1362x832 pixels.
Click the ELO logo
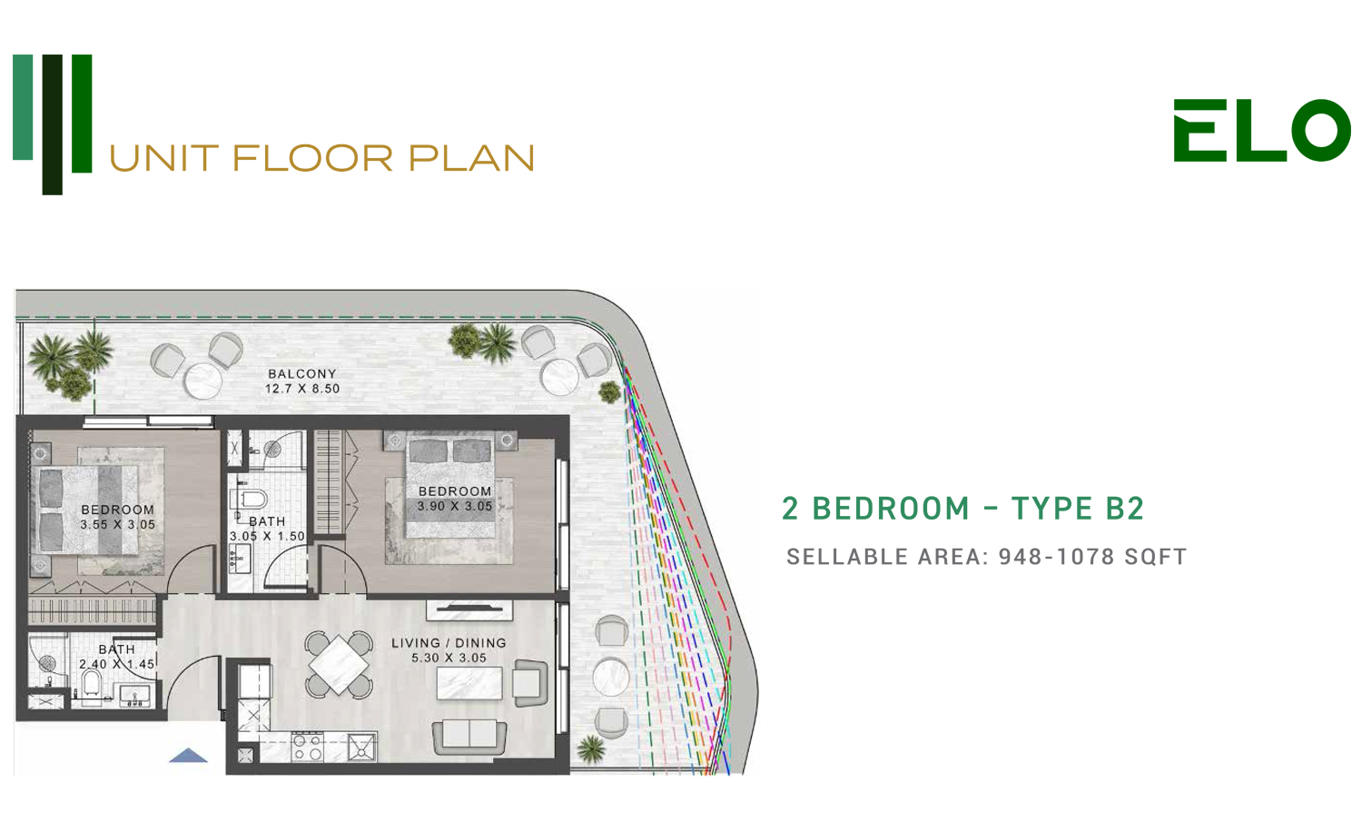coord(1262,130)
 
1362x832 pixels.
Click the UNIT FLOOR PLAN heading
coord(321,158)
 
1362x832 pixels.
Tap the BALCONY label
coord(302,374)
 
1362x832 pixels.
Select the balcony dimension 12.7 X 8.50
coord(302,390)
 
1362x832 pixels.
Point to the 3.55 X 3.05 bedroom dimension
coord(117,525)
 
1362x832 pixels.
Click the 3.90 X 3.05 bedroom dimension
coord(454,506)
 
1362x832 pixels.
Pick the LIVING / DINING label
coord(449,643)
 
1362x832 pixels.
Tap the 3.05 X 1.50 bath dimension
coord(267,537)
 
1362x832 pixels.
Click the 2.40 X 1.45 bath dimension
coord(117,664)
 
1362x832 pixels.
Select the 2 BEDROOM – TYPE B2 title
coord(963,509)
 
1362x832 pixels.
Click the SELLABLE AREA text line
coord(986,557)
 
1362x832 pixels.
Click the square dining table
coord(340,665)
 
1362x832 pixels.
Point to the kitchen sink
coord(361,748)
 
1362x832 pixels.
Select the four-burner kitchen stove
coord(308,748)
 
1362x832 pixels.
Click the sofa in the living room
coord(469,737)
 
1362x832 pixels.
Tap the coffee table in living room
coord(469,683)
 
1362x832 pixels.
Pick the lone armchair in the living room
coord(530,683)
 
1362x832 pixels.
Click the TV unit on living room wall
coord(469,610)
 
